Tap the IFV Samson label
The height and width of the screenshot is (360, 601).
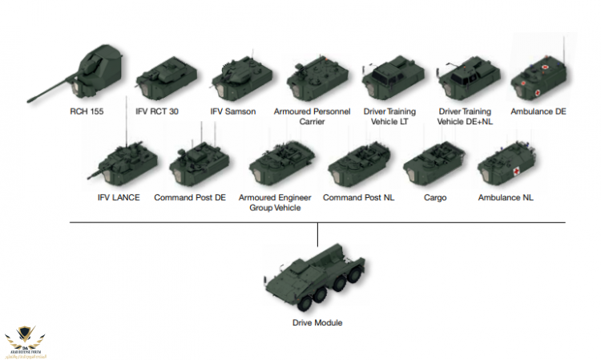click(233, 111)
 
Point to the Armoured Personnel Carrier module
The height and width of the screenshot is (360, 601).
click(317, 77)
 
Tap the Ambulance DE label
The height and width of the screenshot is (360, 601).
click(538, 111)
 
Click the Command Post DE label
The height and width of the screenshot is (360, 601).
click(190, 197)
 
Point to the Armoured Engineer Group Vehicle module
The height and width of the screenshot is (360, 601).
click(276, 162)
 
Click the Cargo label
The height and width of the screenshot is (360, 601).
click(436, 197)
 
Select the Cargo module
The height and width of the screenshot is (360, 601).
click(433, 162)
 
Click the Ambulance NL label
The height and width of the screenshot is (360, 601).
click(506, 197)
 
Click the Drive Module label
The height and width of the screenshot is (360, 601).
click(317, 323)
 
